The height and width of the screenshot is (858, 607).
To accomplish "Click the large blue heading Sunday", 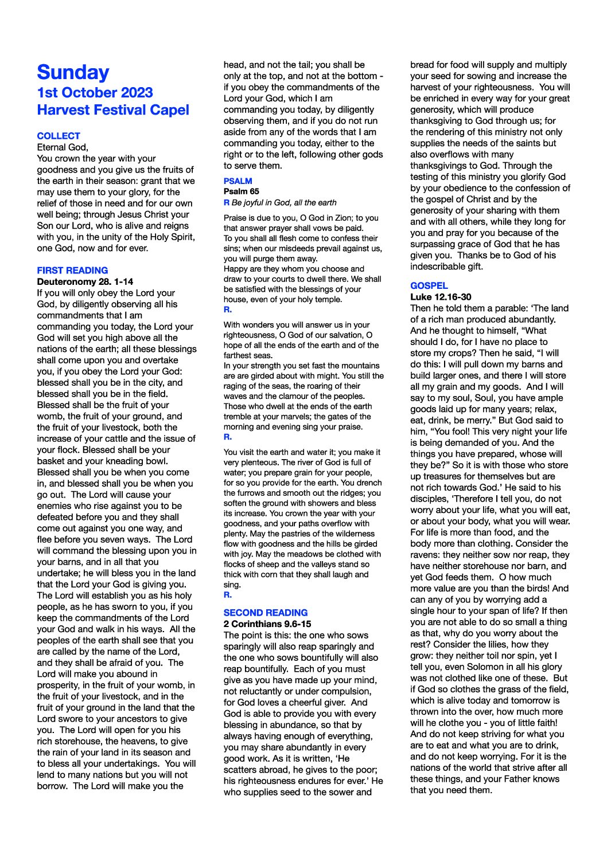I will coord(73,72).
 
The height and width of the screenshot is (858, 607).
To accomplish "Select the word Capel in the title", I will coord(170,110).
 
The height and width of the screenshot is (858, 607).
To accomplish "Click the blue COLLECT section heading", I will coord(59,136).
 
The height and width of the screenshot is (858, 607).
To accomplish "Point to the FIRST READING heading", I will coord(72,270).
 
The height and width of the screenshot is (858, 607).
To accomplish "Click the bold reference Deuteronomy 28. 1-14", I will coord(85,281).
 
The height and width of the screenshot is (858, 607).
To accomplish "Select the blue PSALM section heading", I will coord(238,181).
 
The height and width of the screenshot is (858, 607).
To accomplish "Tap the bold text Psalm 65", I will coord(241,191).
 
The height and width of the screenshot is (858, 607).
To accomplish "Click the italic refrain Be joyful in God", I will coord(283,202).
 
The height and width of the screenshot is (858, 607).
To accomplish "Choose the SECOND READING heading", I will coord(265,612).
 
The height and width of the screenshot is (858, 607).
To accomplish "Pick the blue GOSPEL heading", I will coord(429,285).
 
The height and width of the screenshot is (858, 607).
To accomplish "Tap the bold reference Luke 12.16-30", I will coord(441,297).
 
